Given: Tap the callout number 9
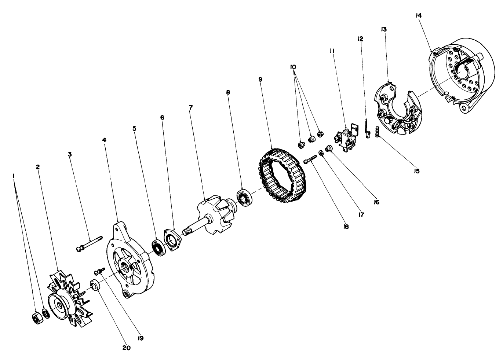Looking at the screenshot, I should coord(260,79).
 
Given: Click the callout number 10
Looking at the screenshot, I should coord(293,67).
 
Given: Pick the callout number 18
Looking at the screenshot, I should coord(346,227).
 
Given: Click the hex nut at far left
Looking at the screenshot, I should coord(37,318).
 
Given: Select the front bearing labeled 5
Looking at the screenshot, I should coord(158,248).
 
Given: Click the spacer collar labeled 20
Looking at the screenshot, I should coord(95,285).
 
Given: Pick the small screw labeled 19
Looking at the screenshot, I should coord(98,271).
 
